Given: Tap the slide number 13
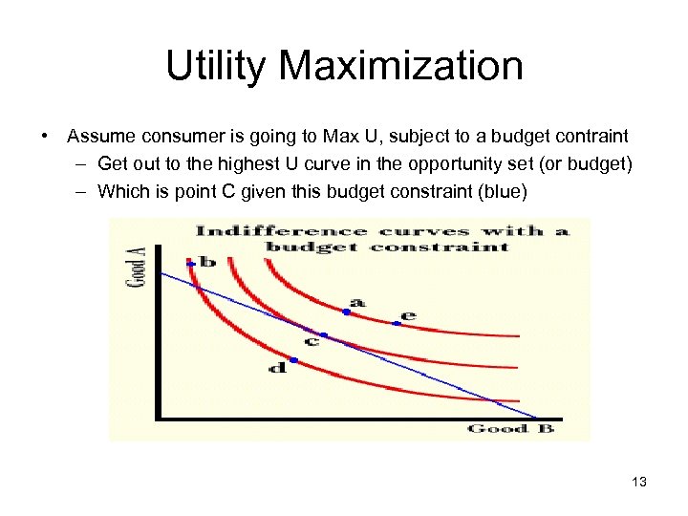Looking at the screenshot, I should point(639,482).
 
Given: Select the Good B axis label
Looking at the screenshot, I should point(510,429).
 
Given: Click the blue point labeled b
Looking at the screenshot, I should point(191,264).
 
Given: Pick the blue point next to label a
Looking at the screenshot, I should point(346,312).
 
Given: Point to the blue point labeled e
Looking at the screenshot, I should point(398,324).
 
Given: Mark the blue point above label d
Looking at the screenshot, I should point(293,360).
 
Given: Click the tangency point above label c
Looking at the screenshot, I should point(323,335).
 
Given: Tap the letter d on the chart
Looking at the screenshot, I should point(277,368).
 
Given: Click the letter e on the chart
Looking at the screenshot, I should point(409,314).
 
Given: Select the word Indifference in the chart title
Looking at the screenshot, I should point(255,230).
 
